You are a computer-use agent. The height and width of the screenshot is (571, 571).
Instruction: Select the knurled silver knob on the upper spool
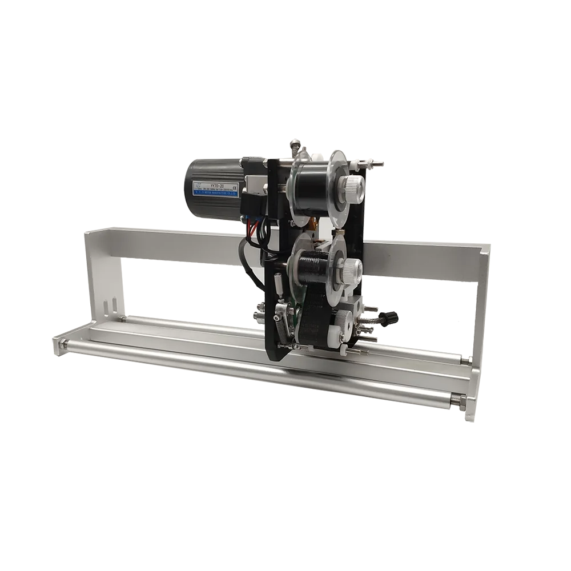pyautogui.click(x=353, y=184)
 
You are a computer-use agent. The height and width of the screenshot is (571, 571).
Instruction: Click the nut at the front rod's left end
pyautogui.click(x=63, y=344)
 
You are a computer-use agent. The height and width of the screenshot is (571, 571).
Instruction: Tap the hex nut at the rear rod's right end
pyautogui.click(x=465, y=360)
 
